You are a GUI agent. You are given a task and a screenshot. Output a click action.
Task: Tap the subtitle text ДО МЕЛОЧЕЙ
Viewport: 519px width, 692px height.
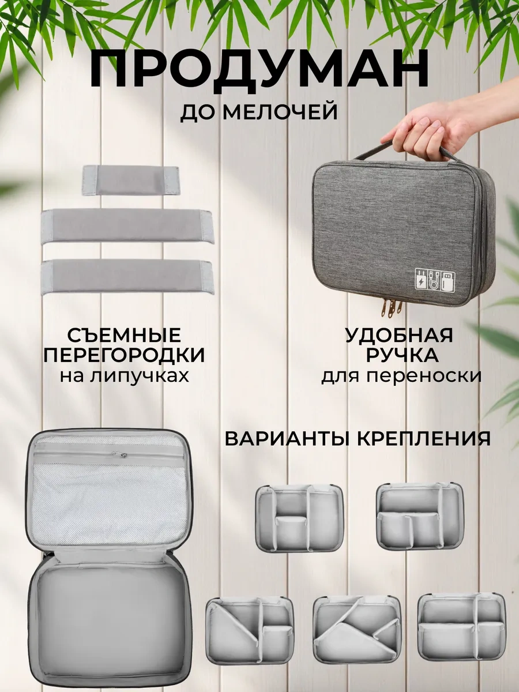pyautogui.click(x=259, y=112)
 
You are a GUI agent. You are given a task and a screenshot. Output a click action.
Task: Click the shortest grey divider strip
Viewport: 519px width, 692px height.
pyautogui.click(x=131, y=180)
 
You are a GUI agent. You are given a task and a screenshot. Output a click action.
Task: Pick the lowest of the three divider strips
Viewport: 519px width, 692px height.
pyautogui.click(x=127, y=277)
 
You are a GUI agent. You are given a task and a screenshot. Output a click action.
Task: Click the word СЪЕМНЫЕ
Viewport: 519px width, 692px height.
pyautogui.click(x=124, y=336)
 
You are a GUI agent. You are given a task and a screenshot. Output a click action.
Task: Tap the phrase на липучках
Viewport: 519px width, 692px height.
pyautogui.click(x=125, y=376)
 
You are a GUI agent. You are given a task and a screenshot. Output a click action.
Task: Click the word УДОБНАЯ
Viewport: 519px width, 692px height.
pyautogui.click(x=399, y=336)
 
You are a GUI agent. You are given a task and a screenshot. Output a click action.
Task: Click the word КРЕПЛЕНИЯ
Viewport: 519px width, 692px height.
pyautogui.click(x=424, y=438)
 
